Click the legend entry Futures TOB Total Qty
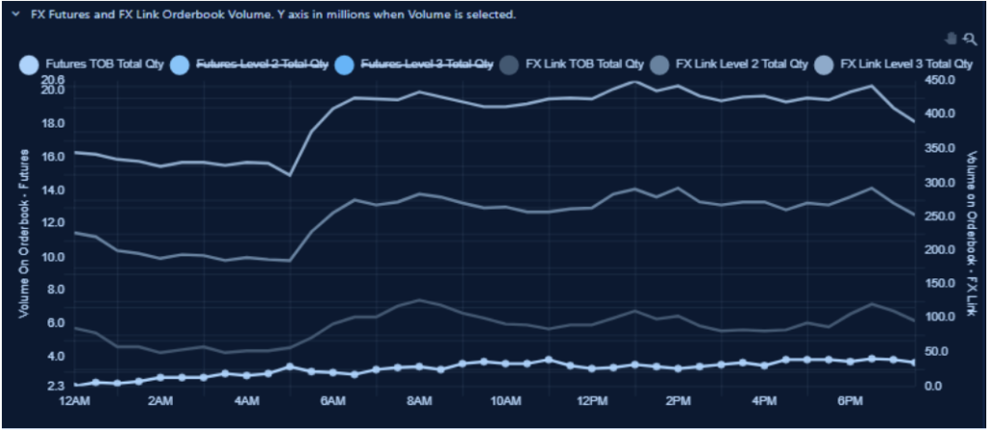pos(92,65)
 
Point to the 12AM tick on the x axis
pos(74,399)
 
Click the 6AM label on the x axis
pos(332,399)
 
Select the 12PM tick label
pos(591,399)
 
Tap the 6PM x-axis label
pos(851,399)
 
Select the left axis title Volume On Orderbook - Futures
pos(23,233)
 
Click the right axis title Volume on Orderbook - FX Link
pos(973,233)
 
